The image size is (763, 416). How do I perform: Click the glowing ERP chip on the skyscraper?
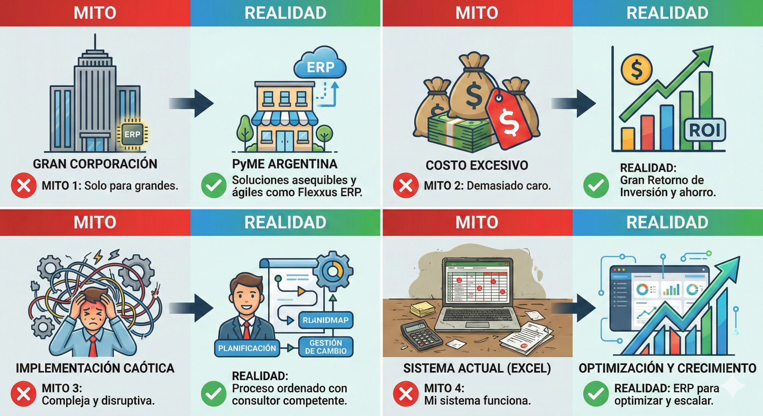(x=132, y=134)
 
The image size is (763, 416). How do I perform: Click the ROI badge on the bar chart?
(x=705, y=130)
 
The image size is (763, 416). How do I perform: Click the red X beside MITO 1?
(x=24, y=185)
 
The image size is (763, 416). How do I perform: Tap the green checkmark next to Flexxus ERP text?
(x=214, y=185)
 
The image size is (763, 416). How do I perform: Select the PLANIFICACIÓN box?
(x=247, y=348)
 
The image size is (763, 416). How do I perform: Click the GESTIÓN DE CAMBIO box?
(x=326, y=347)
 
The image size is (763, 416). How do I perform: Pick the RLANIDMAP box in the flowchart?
(x=326, y=320)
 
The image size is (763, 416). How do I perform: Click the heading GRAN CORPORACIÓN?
(x=95, y=164)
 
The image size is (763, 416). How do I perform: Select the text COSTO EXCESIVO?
(x=477, y=165)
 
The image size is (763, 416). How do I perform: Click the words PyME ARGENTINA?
(x=285, y=164)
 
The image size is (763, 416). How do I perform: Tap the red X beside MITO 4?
(x=406, y=394)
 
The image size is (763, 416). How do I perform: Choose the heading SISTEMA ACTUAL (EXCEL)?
(x=477, y=369)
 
